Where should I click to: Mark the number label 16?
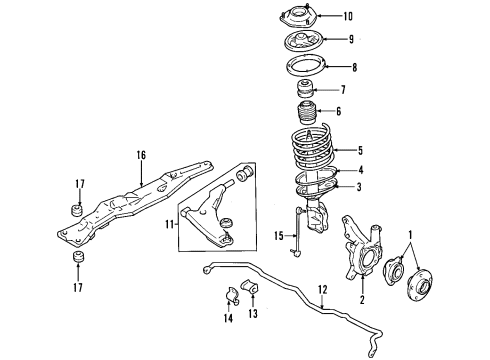click(141, 156)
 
